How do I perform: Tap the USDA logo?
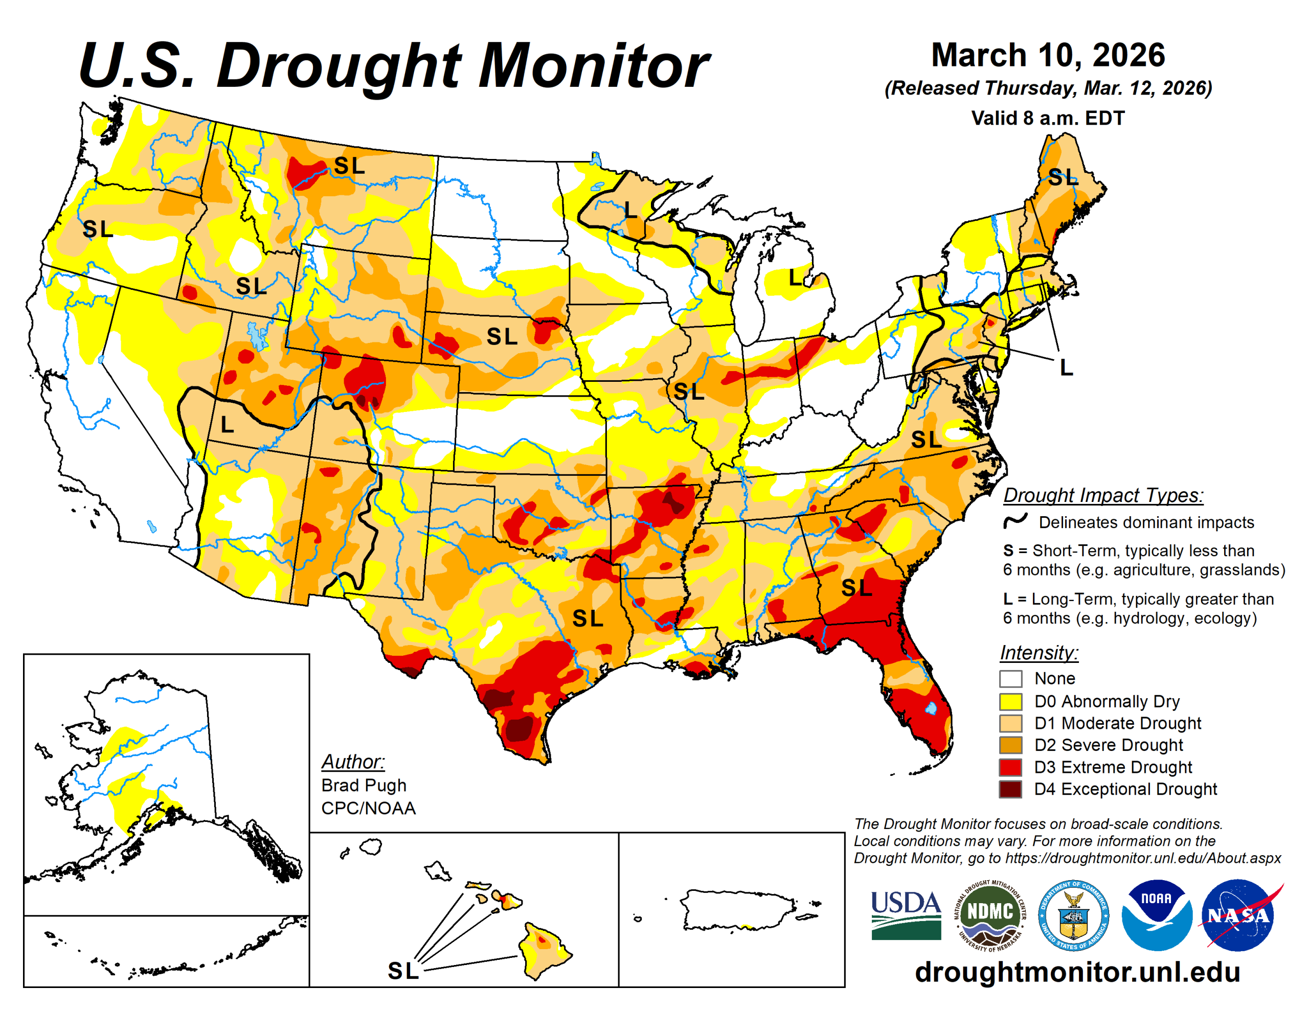point(906,914)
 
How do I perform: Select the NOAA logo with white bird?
point(1156,914)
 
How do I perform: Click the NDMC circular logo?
point(989,914)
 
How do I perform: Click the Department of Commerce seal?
point(1073,914)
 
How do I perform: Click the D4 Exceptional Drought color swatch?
point(1010,789)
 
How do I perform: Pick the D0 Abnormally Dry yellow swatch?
point(1010,701)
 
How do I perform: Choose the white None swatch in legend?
point(1010,678)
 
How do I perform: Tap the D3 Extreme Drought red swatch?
point(1010,767)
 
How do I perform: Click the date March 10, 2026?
point(1048,55)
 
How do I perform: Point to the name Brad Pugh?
point(364,785)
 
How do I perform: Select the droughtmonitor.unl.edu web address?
point(1077,972)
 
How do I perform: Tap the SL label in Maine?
point(1062,177)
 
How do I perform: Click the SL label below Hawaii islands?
point(403,971)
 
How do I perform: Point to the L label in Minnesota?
point(629,210)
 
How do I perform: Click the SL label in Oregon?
point(98,229)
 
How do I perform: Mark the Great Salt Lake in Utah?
point(258,336)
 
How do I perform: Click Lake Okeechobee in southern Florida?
point(931,708)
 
